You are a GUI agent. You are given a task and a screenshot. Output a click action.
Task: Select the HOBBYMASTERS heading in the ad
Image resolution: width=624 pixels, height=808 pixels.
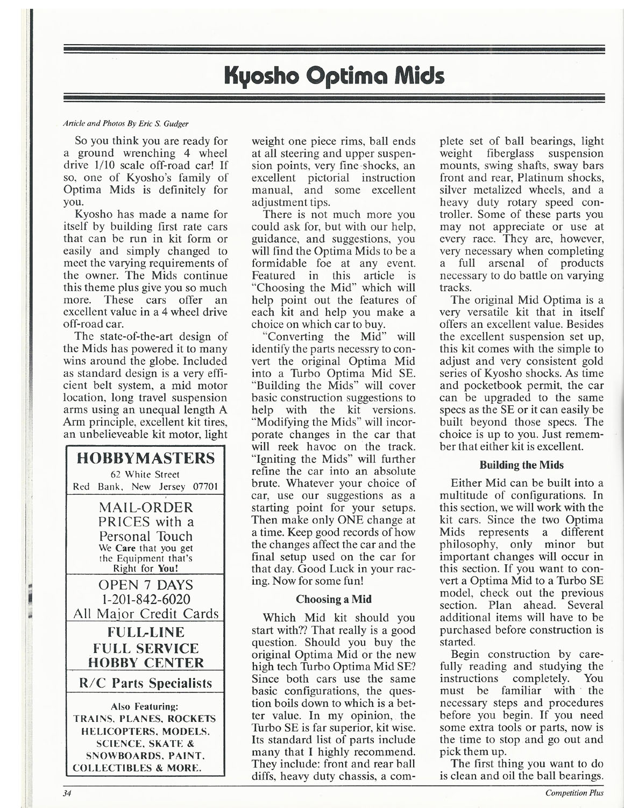146,458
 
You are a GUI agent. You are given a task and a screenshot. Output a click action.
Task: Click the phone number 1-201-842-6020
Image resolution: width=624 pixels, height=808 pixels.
146,599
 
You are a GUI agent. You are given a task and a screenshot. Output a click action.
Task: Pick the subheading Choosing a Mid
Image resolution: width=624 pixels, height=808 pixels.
334,599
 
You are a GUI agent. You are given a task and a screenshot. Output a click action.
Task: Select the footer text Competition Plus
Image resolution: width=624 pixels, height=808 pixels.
574,792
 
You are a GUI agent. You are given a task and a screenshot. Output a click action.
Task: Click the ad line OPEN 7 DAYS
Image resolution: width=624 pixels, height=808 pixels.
146,585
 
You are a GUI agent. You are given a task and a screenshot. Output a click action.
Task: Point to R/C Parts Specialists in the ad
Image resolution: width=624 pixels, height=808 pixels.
146,683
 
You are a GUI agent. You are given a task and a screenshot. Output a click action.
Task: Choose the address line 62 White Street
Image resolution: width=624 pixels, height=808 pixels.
145,475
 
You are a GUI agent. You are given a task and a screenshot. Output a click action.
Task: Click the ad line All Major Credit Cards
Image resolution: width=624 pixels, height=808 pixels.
146,614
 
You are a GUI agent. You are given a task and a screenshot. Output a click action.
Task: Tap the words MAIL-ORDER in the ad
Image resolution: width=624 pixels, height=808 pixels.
146,508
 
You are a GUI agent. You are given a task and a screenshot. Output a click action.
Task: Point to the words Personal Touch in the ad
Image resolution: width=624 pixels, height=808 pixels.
146,536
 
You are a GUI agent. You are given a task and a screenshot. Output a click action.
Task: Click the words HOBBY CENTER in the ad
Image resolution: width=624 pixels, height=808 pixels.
146,663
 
